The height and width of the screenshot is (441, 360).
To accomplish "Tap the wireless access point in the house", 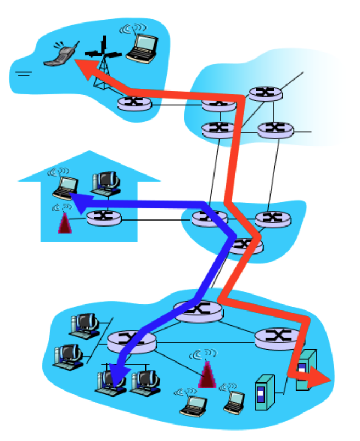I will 65,222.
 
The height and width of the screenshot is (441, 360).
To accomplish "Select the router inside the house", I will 104,218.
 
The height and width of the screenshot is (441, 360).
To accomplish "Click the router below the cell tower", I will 133,103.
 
